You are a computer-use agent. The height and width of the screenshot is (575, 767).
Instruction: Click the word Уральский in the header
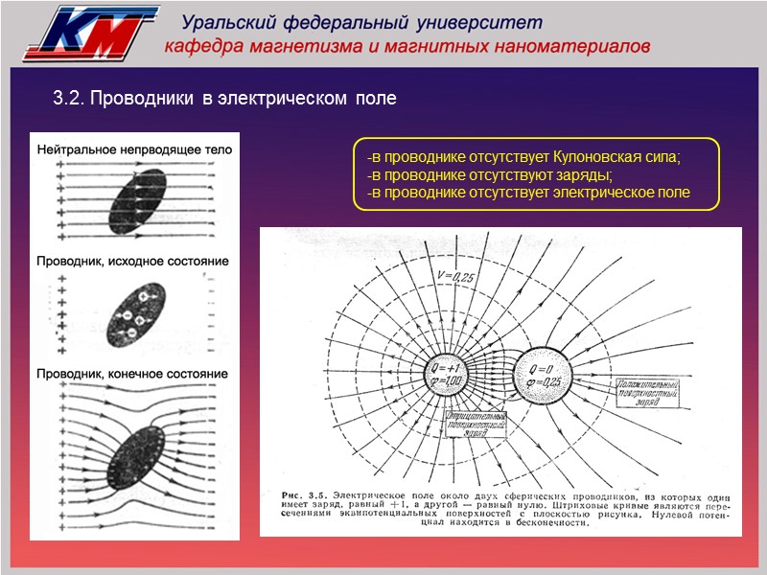click(227, 22)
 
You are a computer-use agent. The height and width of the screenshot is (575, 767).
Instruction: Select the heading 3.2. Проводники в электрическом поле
click(223, 99)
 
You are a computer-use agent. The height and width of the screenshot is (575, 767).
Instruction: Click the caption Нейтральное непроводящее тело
click(134, 150)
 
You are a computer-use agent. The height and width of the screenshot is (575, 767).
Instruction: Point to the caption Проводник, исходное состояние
click(132, 262)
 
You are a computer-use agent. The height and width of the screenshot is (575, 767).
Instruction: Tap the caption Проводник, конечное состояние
click(132, 374)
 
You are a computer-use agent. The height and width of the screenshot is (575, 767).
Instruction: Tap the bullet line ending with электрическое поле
click(528, 194)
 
